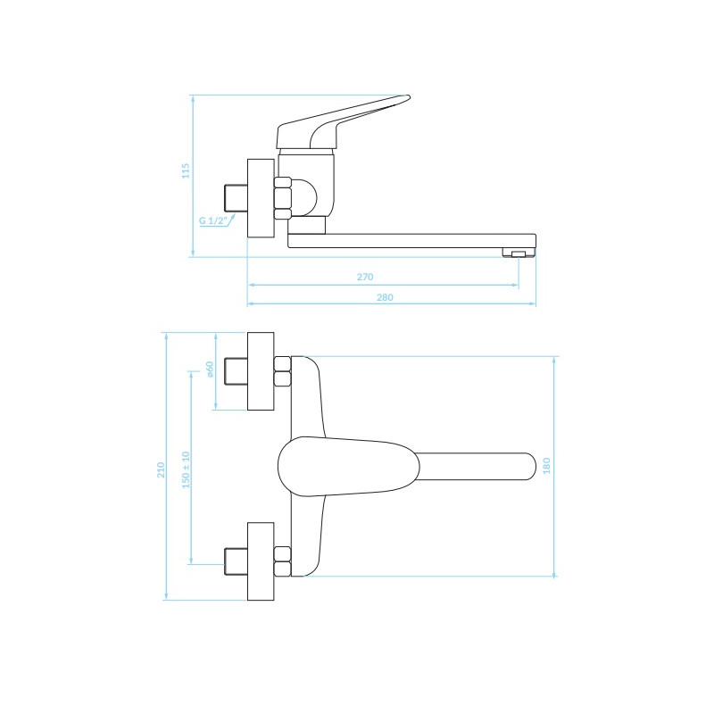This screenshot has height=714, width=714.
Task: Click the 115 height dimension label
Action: [x=186, y=170]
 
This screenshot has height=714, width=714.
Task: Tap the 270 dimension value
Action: [x=365, y=277]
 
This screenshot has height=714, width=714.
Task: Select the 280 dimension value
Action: [x=385, y=297]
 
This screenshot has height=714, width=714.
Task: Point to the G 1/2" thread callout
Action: [x=213, y=221]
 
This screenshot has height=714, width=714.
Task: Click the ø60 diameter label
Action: [x=210, y=369]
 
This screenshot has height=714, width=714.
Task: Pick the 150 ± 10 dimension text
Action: [x=186, y=470]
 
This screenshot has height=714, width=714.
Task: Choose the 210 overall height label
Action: [x=161, y=470]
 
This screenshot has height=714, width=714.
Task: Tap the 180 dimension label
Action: [x=546, y=466]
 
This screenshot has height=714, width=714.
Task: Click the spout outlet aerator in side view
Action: [x=519, y=253]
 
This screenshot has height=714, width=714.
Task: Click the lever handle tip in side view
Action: [x=407, y=97]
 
